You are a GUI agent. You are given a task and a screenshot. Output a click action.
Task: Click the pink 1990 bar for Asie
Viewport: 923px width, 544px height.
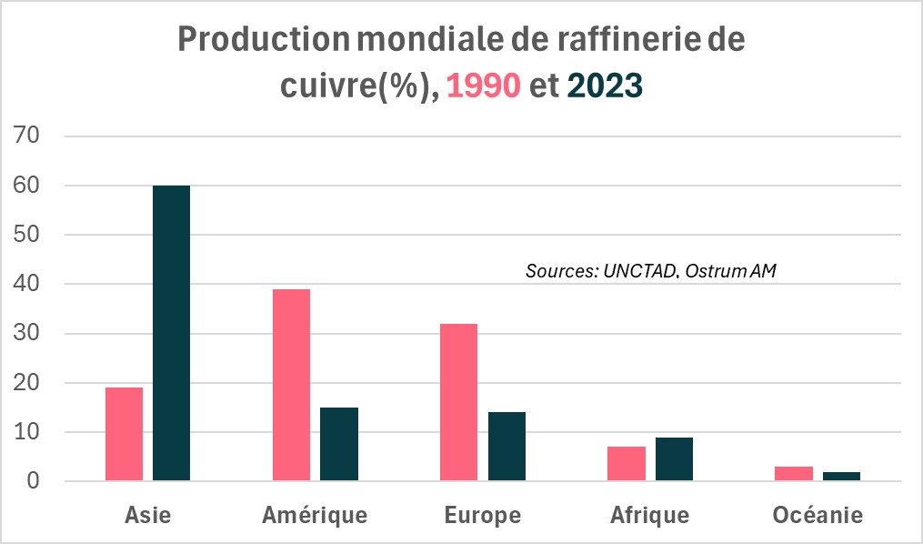124,435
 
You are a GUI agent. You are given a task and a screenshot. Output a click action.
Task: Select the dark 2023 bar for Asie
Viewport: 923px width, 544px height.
171,333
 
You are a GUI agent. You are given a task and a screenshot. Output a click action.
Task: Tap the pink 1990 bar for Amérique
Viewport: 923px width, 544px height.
291,385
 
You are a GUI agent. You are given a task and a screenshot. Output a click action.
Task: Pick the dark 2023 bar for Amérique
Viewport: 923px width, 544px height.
339,444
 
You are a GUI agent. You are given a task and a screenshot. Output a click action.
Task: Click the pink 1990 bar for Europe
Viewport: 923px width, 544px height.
458,402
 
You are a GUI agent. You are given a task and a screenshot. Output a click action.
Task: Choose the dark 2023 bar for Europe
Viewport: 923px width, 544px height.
507,447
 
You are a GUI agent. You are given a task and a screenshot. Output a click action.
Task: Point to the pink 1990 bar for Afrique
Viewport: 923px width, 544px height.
627,464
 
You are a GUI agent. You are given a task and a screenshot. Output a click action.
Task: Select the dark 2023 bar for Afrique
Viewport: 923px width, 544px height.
674,459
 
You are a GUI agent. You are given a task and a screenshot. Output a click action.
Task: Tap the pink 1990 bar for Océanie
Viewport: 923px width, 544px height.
794,474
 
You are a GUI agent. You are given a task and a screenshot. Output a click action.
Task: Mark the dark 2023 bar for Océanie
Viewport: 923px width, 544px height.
841,476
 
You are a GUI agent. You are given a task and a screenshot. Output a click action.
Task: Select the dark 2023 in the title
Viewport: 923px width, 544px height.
605,86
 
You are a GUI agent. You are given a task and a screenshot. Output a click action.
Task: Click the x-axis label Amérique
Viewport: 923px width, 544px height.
315,516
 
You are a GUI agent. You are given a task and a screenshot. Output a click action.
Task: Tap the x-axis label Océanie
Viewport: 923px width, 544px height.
818,516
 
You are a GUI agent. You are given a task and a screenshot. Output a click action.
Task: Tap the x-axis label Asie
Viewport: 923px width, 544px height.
147,516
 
